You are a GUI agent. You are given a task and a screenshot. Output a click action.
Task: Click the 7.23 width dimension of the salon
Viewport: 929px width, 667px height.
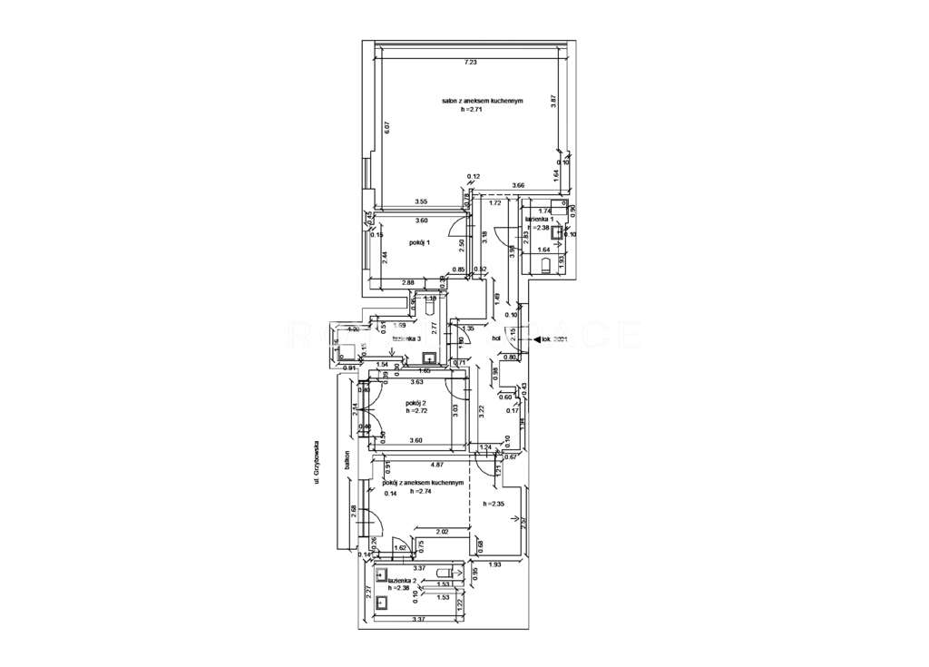tap(469, 62)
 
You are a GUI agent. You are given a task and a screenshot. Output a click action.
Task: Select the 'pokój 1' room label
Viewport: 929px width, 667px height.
tap(419, 242)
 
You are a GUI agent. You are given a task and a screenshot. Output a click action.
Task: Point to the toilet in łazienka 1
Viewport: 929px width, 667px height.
tap(545, 265)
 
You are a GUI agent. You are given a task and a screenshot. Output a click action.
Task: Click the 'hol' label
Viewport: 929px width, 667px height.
tap(496, 338)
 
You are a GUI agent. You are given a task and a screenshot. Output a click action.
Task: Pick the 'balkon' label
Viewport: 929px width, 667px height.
tap(347, 461)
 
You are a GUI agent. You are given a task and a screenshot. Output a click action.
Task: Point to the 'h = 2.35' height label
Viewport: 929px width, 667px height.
tap(494, 504)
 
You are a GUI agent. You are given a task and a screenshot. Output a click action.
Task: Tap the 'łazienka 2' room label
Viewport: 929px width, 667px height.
tap(400, 579)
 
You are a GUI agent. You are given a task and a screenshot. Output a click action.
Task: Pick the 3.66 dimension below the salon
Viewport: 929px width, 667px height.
tap(518, 185)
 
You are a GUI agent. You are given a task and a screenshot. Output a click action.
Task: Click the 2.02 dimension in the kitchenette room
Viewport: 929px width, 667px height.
tap(443, 532)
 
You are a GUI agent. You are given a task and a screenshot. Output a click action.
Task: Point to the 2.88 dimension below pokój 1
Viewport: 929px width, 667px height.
tap(409, 284)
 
